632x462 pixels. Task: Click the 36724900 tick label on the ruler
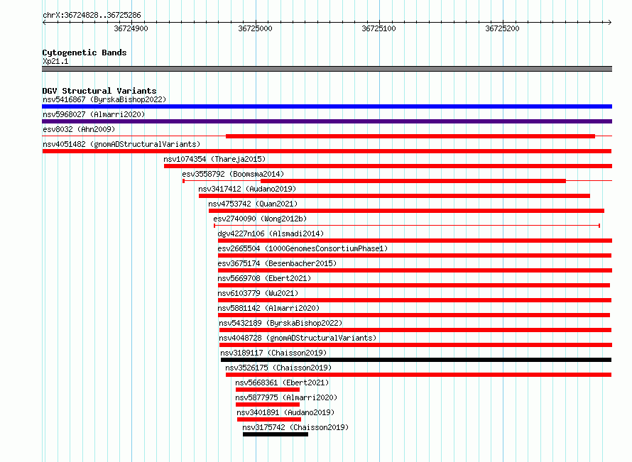click(x=131, y=28)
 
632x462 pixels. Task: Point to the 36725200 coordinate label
click(x=502, y=28)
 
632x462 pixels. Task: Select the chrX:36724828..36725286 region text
click(x=92, y=16)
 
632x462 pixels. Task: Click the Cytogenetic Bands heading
click(x=85, y=53)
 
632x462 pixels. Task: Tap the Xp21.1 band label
click(x=55, y=61)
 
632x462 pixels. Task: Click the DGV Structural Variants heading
click(x=99, y=91)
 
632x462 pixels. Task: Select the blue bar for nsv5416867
click(x=327, y=106)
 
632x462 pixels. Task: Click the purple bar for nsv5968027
click(x=327, y=121)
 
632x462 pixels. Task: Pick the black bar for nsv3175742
click(x=276, y=434)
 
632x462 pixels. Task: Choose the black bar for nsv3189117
click(x=416, y=360)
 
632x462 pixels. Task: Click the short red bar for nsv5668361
click(x=268, y=390)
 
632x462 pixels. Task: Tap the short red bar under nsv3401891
click(x=269, y=419)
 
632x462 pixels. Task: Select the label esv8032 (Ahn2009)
click(x=79, y=129)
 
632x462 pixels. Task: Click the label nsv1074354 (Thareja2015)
click(x=214, y=159)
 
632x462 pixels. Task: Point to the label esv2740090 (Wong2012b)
click(x=260, y=219)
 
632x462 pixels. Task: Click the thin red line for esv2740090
click(x=407, y=226)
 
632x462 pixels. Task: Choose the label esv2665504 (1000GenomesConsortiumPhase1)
click(x=303, y=248)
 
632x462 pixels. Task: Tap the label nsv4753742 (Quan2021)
click(x=253, y=204)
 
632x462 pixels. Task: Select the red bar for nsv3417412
click(x=394, y=196)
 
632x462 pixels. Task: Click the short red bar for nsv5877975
click(x=268, y=405)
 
